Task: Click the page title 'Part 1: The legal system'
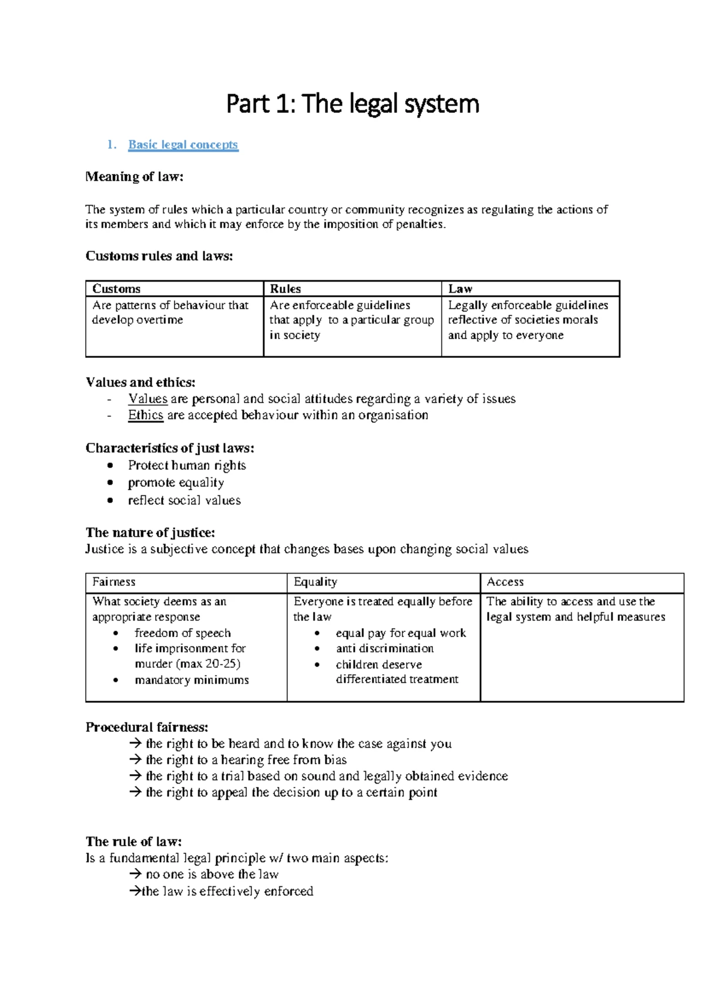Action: (352, 104)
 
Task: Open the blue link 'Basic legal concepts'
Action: (183, 145)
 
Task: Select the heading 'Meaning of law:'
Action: (135, 177)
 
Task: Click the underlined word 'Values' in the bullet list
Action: (147, 399)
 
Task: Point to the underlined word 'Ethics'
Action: (146, 416)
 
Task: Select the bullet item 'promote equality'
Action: (176, 483)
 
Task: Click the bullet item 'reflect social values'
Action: (184, 500)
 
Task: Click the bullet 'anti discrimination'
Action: (384, 648)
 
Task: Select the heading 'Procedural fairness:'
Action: (147, 727)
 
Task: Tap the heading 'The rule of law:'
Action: (133, 842)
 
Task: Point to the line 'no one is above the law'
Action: (211, 875)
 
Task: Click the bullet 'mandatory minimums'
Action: (192, 680)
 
